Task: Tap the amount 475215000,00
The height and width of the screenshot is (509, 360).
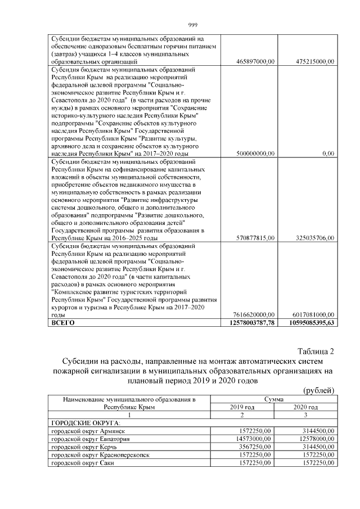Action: (315, 61)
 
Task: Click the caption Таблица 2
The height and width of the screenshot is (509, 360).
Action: (316, 352)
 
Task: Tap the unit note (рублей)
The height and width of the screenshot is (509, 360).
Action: (318, 390)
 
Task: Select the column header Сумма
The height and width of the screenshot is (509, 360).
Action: (274, 399)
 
